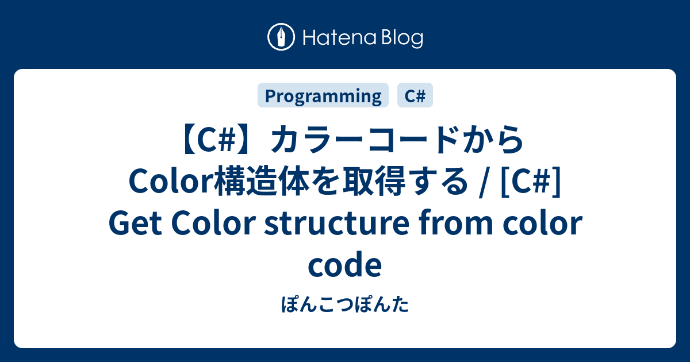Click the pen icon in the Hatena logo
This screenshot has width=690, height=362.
point(282,38)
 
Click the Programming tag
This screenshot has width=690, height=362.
point(323,96)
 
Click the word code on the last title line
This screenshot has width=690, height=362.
point(344,265)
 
